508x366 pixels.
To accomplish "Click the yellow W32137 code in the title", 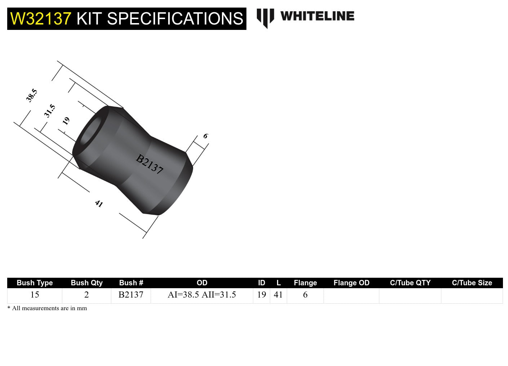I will pyautogui.click(x=41, y=19).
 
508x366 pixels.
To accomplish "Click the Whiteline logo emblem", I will pyautogui.click(x=265, y=18).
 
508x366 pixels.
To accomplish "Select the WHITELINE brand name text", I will pyautogui.click(x=317, y=16).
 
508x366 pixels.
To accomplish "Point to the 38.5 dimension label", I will pyautogui.click(x=32, y=95).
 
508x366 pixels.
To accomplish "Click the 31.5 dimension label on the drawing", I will pyautogui.click(x=50, y=111).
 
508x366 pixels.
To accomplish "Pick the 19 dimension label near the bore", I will pyautogui.click(x=66, y=121).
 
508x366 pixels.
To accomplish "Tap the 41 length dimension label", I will pyautogui.click(x=99, y=204).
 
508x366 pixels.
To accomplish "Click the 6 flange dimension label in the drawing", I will pyautogui.click(x=205, y=136).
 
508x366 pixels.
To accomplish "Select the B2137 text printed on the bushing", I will pyautogui.click(x=150, y=164).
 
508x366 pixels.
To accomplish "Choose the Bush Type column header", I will pyautogui.click(x=35, y=283).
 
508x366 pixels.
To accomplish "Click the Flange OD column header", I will pyautogui.click(x=351, y=283).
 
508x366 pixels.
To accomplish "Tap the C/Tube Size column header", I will pyautogui.click(x=472, y=283).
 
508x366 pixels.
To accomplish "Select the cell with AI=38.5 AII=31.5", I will pyautogui.click(x=202, y=295).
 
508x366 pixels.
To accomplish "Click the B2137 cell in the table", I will pyautogui.click(x=131, y=295).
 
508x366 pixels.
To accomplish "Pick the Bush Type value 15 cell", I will pyautogui.click(x=35, y=295).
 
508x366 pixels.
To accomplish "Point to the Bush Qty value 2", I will pyautogui.click(x=86, y=295).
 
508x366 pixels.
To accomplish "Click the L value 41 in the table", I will pyautogui.click(x=278, y=295).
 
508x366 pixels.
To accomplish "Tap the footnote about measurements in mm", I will pyautogui.click(x=47, y=308).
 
